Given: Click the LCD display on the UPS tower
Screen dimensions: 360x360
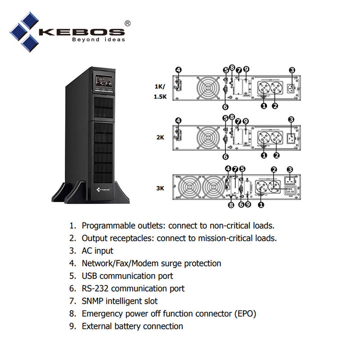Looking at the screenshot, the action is (103, 81).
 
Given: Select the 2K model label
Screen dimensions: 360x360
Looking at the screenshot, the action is (160, 138).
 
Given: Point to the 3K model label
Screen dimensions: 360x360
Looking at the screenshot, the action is (160, 188).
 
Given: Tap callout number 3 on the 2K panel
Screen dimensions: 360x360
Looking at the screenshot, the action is (292, 119).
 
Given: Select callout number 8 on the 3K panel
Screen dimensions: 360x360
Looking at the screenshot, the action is (231, 205).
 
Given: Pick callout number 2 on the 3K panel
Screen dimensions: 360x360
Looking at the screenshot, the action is (274, 169).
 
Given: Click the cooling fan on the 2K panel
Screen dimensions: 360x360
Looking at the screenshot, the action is (207, 138).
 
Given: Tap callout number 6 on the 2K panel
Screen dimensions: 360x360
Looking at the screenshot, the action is (225, 157).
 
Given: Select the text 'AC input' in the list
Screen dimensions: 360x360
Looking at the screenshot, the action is (97, 251).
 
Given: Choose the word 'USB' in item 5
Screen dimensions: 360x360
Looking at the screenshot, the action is (90, 276).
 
